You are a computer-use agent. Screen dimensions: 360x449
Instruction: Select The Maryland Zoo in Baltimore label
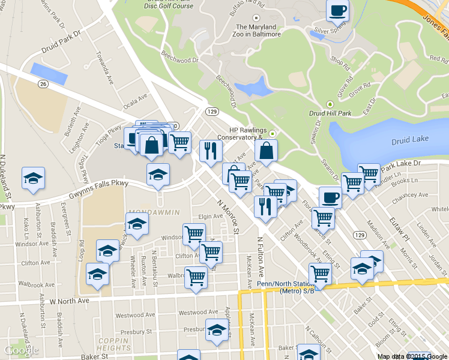click(x=258, y=31)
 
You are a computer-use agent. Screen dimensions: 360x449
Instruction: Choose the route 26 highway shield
click(x=43, y=83)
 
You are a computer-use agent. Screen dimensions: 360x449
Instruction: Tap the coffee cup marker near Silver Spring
click(x=337, y=10)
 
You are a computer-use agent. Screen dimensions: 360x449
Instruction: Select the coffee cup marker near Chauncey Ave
click(x=330, y=197)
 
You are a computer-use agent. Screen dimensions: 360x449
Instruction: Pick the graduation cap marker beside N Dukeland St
click(x=33, y=178)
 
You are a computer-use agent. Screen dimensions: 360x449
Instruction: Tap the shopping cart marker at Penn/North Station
click(x=320, y=274)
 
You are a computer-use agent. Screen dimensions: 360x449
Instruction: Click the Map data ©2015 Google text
click(x=412, y=356)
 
